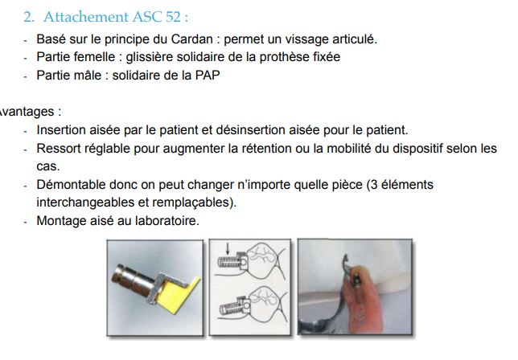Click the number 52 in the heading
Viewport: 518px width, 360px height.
coord(173,17)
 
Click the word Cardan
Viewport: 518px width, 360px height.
coord(191,39)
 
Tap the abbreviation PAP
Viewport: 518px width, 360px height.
coord(208,76)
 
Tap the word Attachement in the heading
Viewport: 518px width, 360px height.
coord(85,17)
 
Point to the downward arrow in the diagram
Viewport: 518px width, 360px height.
coord(227,249)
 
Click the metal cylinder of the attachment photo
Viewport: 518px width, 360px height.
coord(132,278)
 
